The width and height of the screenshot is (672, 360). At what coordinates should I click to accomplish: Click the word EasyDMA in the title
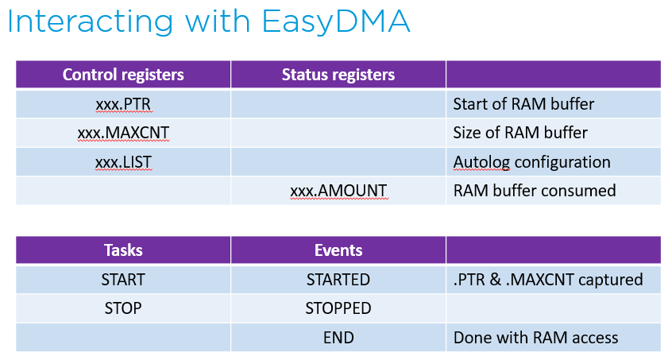click(x=335, y=22)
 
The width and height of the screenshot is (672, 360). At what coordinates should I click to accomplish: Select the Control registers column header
click(x=123, y=75)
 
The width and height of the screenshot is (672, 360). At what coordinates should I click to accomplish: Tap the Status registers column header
click(x=338, y=75)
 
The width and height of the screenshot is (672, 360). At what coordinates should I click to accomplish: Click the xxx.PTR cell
click(x=123, y=104)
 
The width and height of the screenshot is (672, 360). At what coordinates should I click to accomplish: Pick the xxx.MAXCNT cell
click(x=123, y=133)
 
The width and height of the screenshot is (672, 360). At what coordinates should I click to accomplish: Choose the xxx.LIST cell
click(x=123, y=162)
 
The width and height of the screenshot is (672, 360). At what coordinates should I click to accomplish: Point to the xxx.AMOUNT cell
click(x=338, y=191)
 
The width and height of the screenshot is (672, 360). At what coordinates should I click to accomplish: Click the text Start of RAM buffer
click(x=523, y=104)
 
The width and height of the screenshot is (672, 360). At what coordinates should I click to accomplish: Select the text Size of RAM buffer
click(x=520, y=133)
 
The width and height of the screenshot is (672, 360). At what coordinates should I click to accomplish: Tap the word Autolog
click(x=481, y=162)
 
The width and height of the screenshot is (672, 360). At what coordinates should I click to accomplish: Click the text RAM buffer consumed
click(x=535, y=191)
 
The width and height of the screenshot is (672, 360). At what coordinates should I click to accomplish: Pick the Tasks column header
click(x=123, y=250)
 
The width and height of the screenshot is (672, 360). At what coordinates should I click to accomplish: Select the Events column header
click(x=338, y=250)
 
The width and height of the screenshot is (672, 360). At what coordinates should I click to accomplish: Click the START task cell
click(x=123, y=280)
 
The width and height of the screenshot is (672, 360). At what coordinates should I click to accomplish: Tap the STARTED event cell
click(x=338, y=280)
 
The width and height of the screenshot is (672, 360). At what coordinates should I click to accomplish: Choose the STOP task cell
click(x=123, y=308)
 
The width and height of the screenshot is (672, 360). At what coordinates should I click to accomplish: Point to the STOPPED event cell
click(x=338, y=308)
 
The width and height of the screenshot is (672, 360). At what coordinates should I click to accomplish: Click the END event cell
click(x=338, y=338)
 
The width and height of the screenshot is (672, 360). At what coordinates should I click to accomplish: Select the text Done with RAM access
click(x=535, y=338)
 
